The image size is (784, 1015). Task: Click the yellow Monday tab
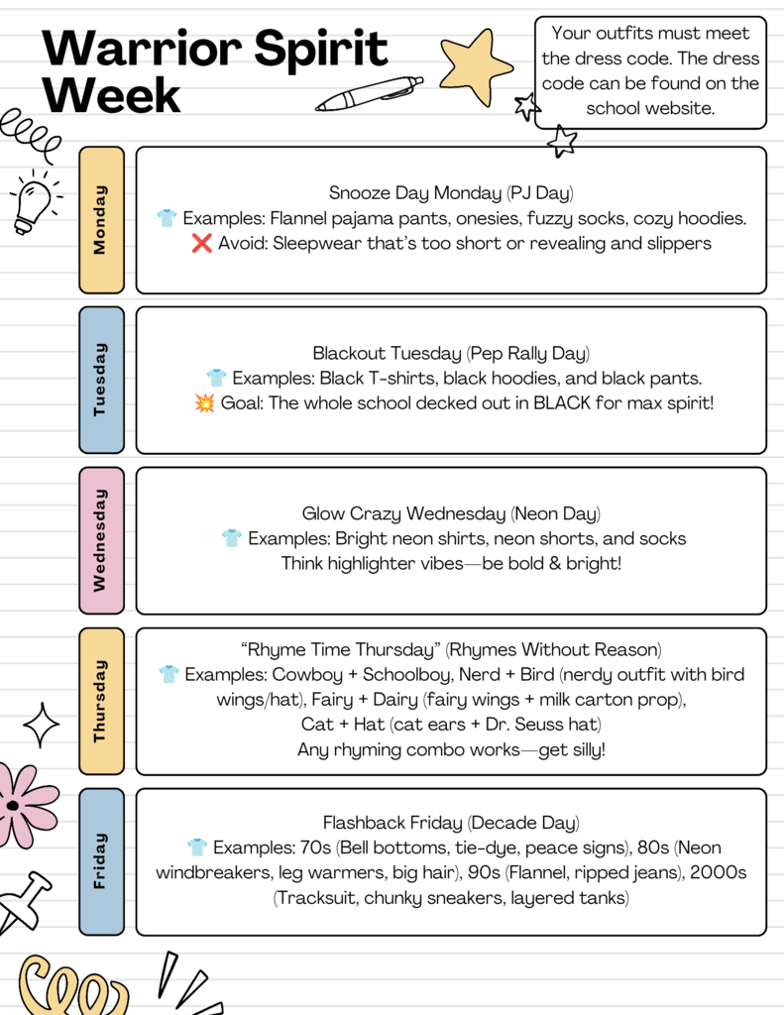pyautogui.click(x=101, y=220)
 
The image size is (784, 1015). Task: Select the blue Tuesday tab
pyautogui.click(x=101, y=380)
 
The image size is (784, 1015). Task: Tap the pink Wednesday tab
pyautogui.click(x=101, y=540)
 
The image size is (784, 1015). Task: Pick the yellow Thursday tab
pyautogui.click(x=101, y=701)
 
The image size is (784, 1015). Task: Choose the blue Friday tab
pyautogui.click(x=101, y=861)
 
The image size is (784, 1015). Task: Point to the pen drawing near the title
pyautogui.click(x=369, y=94)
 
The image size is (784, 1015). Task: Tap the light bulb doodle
pyautogui.click(x=33, y=203)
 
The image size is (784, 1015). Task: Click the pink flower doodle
pyautogui.click(x=22, y=805)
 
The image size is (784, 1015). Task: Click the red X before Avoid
pyautogui.click(x=201, y=243)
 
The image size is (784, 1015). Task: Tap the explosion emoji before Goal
pyautogui.click(x=204, y=403)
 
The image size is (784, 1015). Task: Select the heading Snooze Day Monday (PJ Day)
pyautogui.click(x=451, y=192)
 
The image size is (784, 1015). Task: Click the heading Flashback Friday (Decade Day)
pyautogui.click(x=451, y=823)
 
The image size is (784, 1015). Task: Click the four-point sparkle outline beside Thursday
pyautogui.click(x=42, y=726)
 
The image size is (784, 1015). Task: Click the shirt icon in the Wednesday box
pyautogui.click(x=232, y=538)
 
